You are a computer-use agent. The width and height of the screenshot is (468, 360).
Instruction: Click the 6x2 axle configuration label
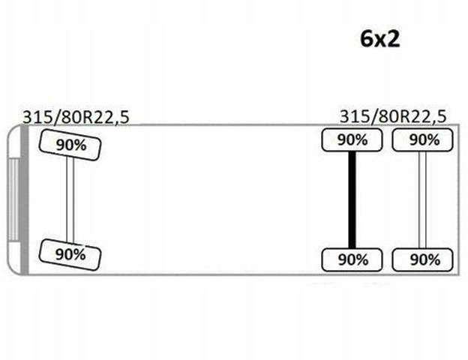click(379, 38)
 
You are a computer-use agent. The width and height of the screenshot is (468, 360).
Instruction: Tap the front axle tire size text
click(75, 117)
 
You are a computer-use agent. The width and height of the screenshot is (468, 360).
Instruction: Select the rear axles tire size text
click(392, 116)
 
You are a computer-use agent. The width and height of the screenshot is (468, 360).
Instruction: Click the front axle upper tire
click(70, 145)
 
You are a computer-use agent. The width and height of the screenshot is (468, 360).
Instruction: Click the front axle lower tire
click(70, 253)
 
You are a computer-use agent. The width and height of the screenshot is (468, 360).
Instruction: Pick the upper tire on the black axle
click(352, 139)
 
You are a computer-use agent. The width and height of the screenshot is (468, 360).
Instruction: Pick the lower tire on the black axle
click(352, 259)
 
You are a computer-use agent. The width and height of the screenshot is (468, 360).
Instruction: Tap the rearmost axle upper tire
click(423, 139)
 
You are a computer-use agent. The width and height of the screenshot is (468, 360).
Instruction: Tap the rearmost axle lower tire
click(423, 259)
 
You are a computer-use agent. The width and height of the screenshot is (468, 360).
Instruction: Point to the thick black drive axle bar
click(352, 199)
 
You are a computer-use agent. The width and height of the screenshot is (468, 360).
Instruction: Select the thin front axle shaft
click(70, 199)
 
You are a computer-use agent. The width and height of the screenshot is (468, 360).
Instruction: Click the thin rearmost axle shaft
click(423, 199)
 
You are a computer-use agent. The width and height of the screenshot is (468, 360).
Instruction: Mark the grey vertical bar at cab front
click(25, 199)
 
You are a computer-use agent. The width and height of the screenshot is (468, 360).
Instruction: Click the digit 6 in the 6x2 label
click(367, 38)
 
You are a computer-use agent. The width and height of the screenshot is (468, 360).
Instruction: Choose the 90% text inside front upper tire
click(70, 145)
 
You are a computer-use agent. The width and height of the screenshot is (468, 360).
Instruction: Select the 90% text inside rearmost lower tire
click(424, 259)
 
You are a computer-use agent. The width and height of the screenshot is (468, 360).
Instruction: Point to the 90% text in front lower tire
click(70, 253)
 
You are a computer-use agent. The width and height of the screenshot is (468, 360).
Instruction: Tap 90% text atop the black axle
click(352, 139)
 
